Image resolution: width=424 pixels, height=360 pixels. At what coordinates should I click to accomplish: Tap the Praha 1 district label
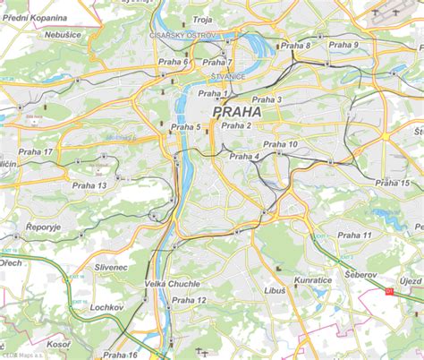tap(213, 93)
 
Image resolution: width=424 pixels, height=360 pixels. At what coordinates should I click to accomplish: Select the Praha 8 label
tap(296, 46)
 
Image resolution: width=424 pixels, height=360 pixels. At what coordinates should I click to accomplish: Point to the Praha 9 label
tap(343, 45)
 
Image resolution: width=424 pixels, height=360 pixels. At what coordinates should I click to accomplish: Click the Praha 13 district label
tap(89, 185)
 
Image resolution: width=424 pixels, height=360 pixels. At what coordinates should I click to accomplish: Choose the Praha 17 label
tap(36, 152)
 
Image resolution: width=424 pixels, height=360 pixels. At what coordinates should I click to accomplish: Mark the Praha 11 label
tap(355, 235)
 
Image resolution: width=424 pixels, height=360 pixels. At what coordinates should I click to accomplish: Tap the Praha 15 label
tap(393, 183)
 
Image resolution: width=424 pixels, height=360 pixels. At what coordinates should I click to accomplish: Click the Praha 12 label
tap(190, 300)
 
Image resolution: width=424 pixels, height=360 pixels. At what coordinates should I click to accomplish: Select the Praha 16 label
tap(120, 355)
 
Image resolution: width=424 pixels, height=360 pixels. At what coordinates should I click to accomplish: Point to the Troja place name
tap(202, 19)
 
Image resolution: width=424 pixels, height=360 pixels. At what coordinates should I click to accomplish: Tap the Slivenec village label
tap(106, 268)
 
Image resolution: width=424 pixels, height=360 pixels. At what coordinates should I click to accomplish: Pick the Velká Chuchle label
tap(172, 283)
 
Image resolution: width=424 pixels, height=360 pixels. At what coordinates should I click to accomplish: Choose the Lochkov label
tap(106, 306)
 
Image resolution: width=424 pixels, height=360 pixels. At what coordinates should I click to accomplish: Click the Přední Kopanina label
tap(35, 17)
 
